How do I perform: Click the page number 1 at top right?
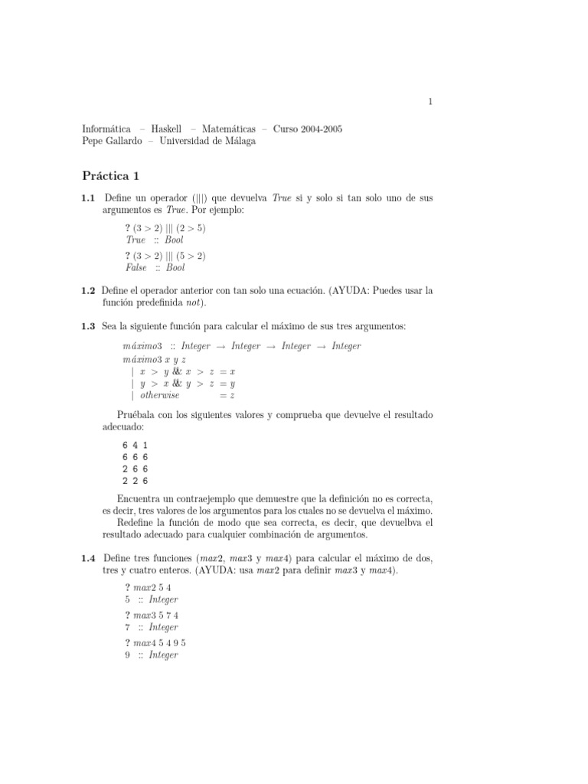(x=430, y=101)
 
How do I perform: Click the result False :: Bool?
(x=155, y=268)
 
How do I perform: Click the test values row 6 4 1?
(x=135, y=445)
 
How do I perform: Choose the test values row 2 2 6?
(x=135, y=482)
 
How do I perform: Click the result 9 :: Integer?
(x=152, y=655)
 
